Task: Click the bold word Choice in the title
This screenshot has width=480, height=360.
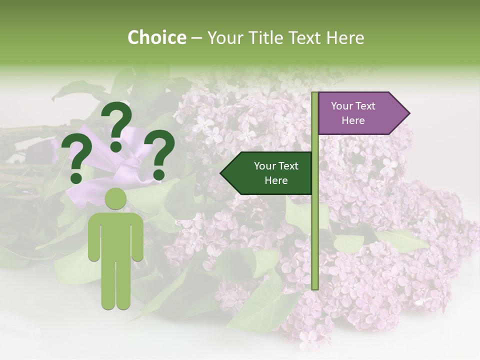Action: pyautogui.click(x=156, y=37)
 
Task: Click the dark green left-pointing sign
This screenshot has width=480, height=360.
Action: pyautogui.click(x=267, y=173)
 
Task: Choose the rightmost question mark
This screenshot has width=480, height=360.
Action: pyautogui.click(x=159, y=154)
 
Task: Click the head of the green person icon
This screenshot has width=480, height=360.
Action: pyautogui.click(x=116, y=198)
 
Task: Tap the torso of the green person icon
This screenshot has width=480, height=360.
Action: pyautogui.click(x=116, y=235)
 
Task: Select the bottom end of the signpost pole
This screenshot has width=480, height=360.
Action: pyautogui.click(x=314, y=287)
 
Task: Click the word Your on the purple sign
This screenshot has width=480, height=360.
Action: pyautogui.click(x=342, y=106)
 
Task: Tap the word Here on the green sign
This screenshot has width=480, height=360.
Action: pyautogui.click(x=276, y=180)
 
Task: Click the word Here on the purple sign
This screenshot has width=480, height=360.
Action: pyautogui.click(x=353, y=120)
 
